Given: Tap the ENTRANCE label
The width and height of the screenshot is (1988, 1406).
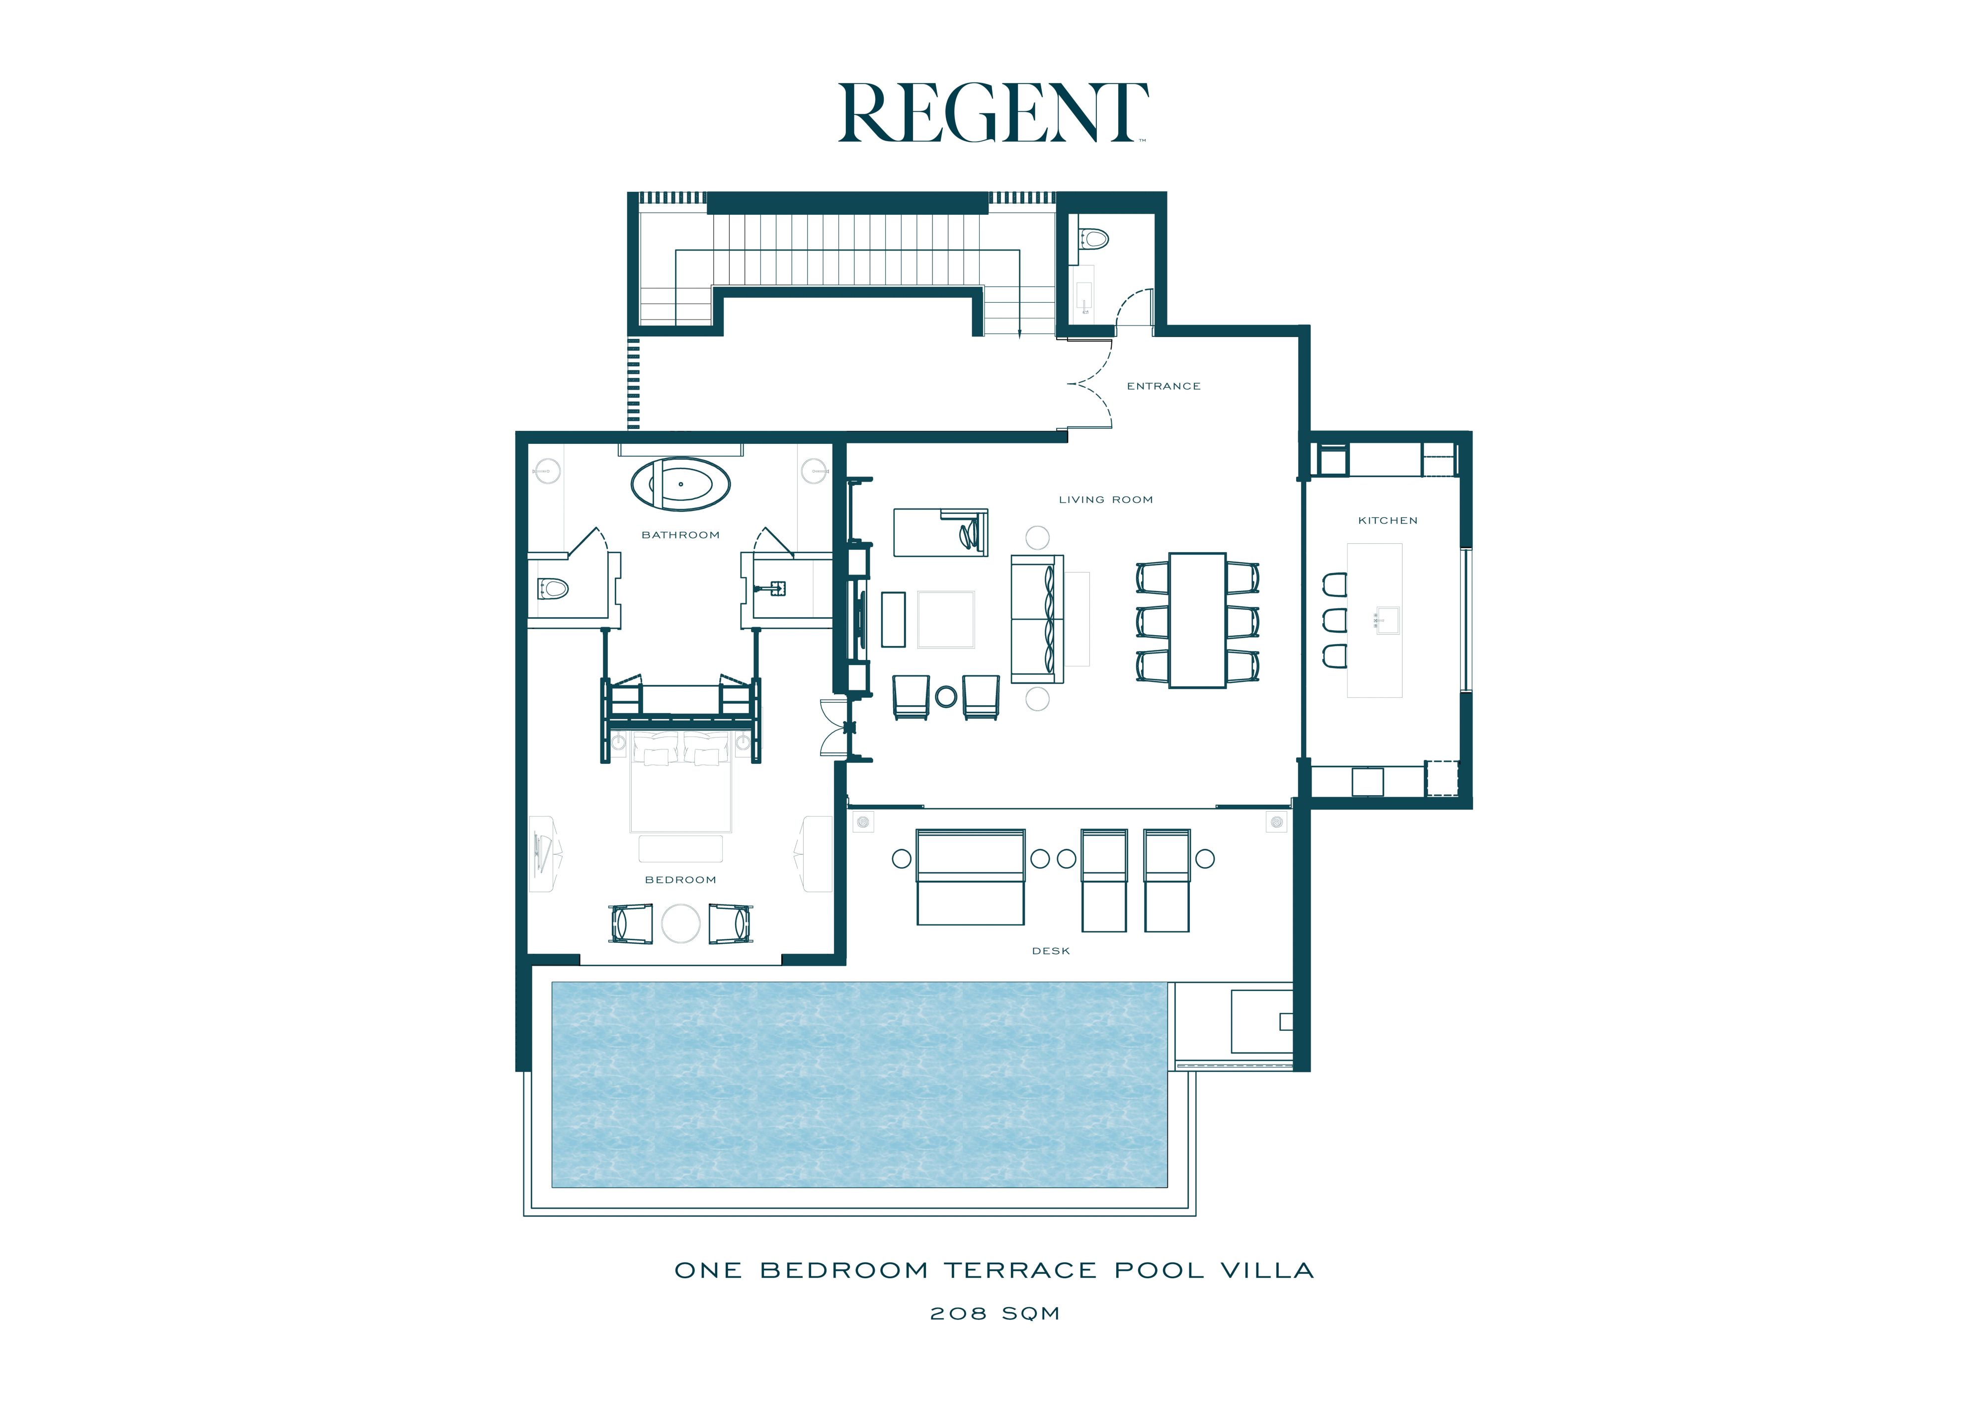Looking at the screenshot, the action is point(1163,386).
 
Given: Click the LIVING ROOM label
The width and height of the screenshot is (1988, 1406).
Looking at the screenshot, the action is point(1106,499).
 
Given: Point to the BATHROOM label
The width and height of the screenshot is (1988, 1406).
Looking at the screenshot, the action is point(680,535).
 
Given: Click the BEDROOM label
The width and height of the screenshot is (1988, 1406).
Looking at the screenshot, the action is point(680,880).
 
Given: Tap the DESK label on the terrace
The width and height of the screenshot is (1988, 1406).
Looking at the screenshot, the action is point(1050,951).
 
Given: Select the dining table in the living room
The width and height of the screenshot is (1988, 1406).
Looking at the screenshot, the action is point(1197,620).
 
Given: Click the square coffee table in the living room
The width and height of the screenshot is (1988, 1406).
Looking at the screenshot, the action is point(945,619).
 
